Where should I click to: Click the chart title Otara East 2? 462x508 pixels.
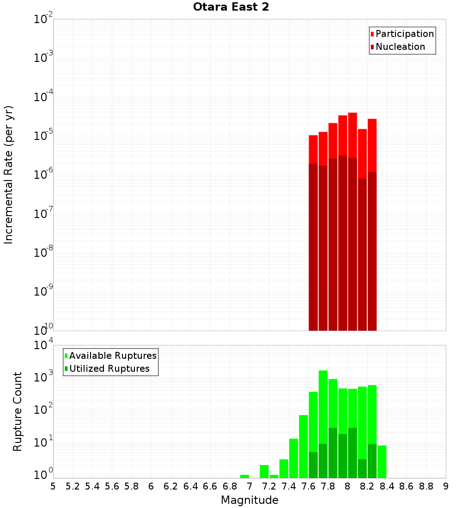pyautogui.click(x=231, y=7)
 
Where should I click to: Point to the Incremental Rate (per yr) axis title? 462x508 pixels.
pyautogui.click(x=9, y=175)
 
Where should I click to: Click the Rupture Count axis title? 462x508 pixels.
pyautogui.click(x=18, y=411)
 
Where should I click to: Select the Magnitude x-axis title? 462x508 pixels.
pyautogui.click(x=249, y=500)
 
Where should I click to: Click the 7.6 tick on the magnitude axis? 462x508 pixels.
pyautogui.click(x=308, y=486)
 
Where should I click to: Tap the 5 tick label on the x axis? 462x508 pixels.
pyautogui.click(x=53, y=486)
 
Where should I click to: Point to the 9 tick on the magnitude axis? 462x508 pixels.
pyautogui.click(x=445, y=486)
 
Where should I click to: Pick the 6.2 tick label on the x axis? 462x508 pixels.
pyautogui.click(x=171, y=486)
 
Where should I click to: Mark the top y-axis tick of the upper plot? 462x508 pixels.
pyautogui.click(x=43, y=19)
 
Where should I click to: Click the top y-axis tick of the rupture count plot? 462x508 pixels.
pyautogui.click(x=43, y=345)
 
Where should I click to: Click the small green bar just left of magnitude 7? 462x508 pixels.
pyautogui.click(x=244, y=476)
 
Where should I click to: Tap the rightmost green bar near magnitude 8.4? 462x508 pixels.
pyautogui.click(x=382, y=461)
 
